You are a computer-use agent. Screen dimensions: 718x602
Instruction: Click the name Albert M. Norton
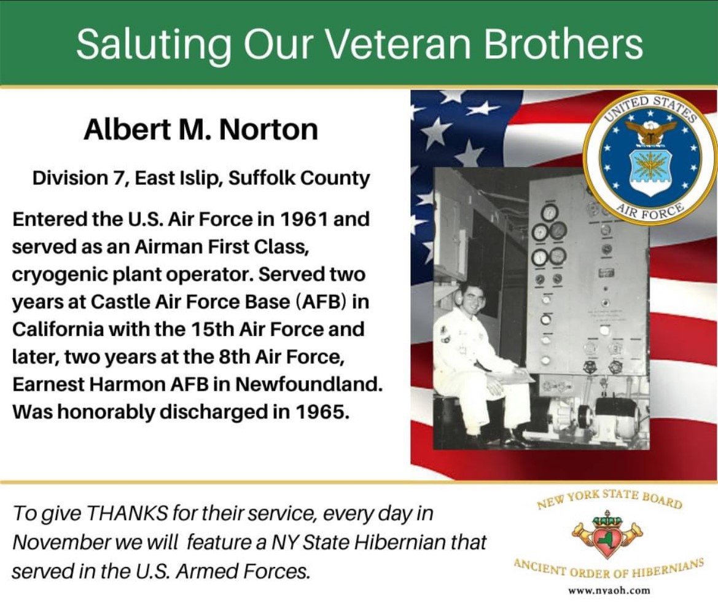coord(201,130)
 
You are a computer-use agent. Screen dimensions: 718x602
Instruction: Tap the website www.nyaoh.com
coord(609,590)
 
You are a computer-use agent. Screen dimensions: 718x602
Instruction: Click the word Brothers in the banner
coord(564,45)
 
